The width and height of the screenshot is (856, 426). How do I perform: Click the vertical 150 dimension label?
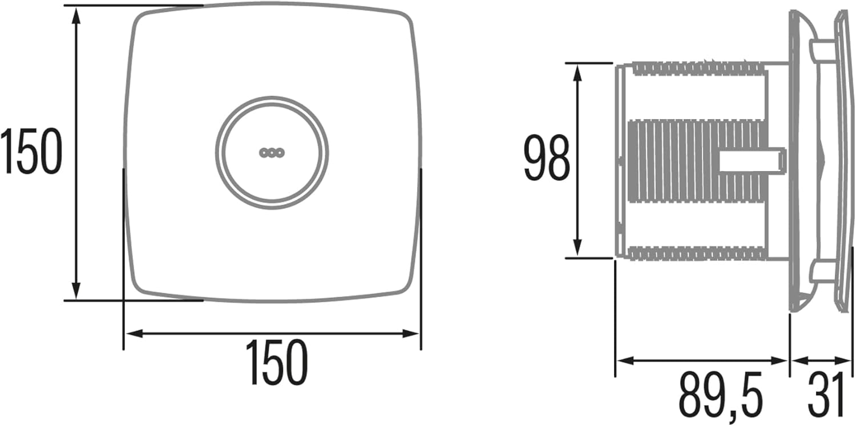[31, 152]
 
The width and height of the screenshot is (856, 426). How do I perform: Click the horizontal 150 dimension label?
[277, 362]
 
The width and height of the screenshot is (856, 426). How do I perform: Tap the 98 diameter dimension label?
[547, 157]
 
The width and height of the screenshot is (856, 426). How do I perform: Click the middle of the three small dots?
[272, 153]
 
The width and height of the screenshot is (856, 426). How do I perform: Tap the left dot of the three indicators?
[264, 153]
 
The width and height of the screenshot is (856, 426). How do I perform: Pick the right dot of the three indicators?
[281, 153]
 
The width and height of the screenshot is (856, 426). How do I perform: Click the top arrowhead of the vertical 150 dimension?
[76, 15]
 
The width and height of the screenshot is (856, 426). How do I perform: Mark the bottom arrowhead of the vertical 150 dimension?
[76, 291]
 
